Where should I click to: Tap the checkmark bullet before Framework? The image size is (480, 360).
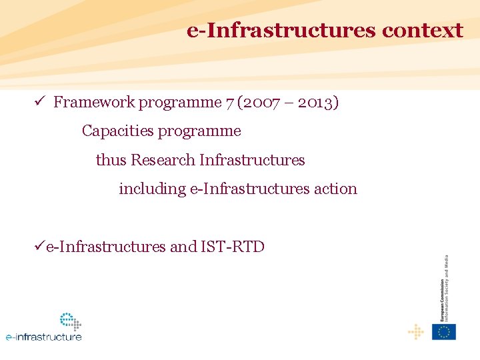tap(39, 101)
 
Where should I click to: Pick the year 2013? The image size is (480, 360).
tap(316, 102)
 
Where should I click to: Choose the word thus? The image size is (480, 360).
tap(111, 160)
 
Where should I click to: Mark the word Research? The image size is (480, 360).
tap(163, 160)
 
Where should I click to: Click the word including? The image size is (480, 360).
tap(152, 189)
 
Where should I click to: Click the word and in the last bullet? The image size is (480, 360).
tap(183, 247)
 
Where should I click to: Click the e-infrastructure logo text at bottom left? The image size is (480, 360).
tap(44, 337)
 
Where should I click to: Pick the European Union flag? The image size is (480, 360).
tap(443, 331)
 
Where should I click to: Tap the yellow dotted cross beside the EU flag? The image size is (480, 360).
tap(415, 331)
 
